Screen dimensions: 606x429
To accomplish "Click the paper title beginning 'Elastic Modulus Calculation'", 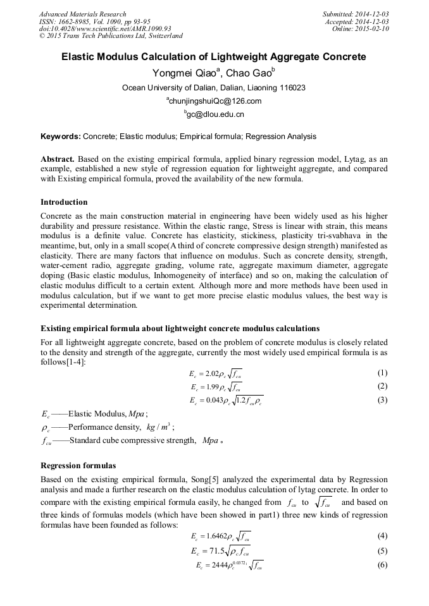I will pyautogui.click(x=214, y=56).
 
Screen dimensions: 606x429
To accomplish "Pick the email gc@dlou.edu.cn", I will pyautogui.click(x=215, y=114).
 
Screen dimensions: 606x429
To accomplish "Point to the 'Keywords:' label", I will pyautogui.click(x=60, y=136).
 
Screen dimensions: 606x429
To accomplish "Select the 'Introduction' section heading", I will pyautogui.click(x=64, y=202).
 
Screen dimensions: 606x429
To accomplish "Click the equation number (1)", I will pyautogui.click(x=382, y=372).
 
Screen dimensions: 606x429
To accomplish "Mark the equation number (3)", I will pyautogui.click(x=382, y=400).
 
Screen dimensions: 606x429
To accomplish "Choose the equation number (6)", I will pyautogui.click(x=382, y=564).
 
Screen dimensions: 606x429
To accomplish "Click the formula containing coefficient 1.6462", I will pyautogui.click(x=220, y=536).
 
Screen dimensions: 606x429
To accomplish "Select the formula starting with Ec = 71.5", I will pyautogui.click(x=220, y=550).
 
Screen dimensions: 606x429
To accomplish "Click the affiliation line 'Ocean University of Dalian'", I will pyautogui.click(x=214, y=88).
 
